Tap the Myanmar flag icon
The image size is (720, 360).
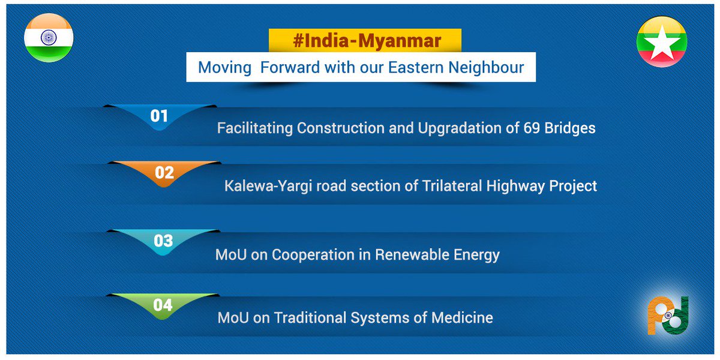[x=662, y=41]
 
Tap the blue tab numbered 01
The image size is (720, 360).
[x=159, y=116]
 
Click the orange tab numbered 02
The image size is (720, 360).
[x=164, y=173]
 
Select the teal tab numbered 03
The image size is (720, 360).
[x=163, y=241]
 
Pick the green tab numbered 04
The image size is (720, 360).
[x=163, y=305]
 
